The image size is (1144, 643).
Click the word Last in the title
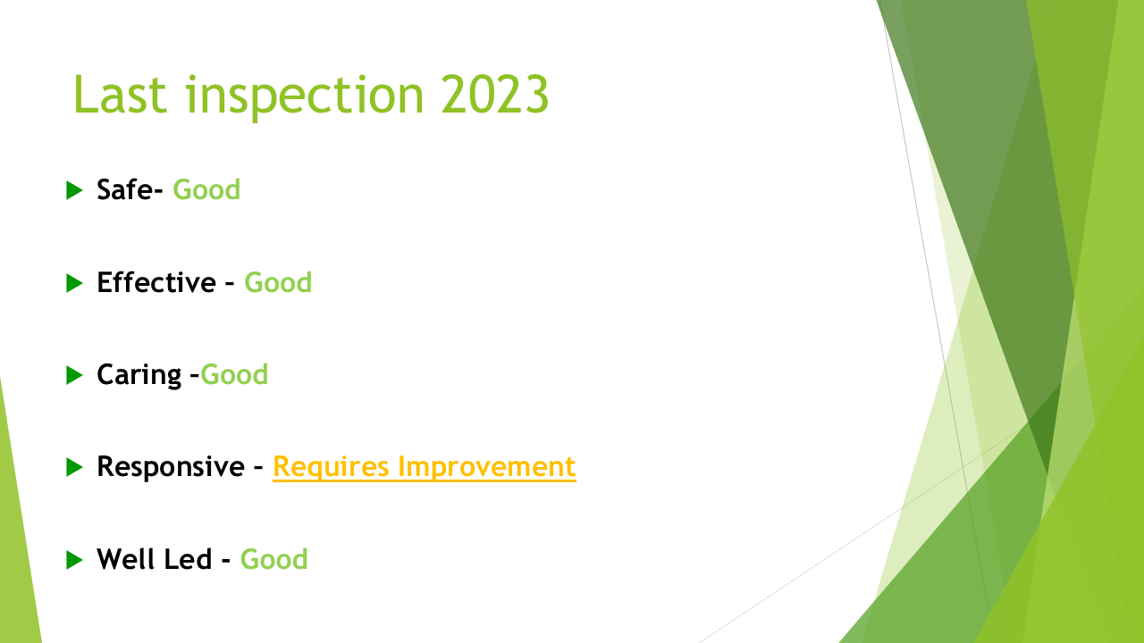pyautogui.click(x=120, y=95)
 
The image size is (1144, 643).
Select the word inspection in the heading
pyautogui.click(x=305, y=97)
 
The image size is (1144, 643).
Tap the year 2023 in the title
pyautogui.click(x=494, y=95)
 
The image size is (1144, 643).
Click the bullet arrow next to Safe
pyautogui.click(x=74, y=190)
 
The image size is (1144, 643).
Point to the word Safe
pyautogui.click(x=125, y=190)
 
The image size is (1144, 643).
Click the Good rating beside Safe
pyautogui.click(x=206, y=190)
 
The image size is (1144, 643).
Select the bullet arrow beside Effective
pyautogui.click(x=74, y=283)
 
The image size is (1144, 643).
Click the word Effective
pyautogui.click(x=156, y=282)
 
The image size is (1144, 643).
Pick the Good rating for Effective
pyautogui.click(x=278, y=282)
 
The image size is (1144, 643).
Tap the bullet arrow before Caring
pyautogui.click(x=74, y=375)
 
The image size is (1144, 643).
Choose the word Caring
pyautogui.click(x=139, y=376)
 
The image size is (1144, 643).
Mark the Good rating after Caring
pyautogui.click(x=234, y=374)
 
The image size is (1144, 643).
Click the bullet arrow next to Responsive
pyautogui.click(x=74, y=467)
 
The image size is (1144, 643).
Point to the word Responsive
pyautogui.click(x=171, y=467)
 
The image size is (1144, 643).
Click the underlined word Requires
pyautogui.click(x=331, y=468)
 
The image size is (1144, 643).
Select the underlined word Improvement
pyautogui.click(x=487, y=467)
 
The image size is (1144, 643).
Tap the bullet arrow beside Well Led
pyautogui.click(x=74, y=560)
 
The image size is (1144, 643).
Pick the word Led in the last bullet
pyautogui.click(x=189, y=559)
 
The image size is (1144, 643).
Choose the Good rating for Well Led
pyautogui.click(x=273, y=559)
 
